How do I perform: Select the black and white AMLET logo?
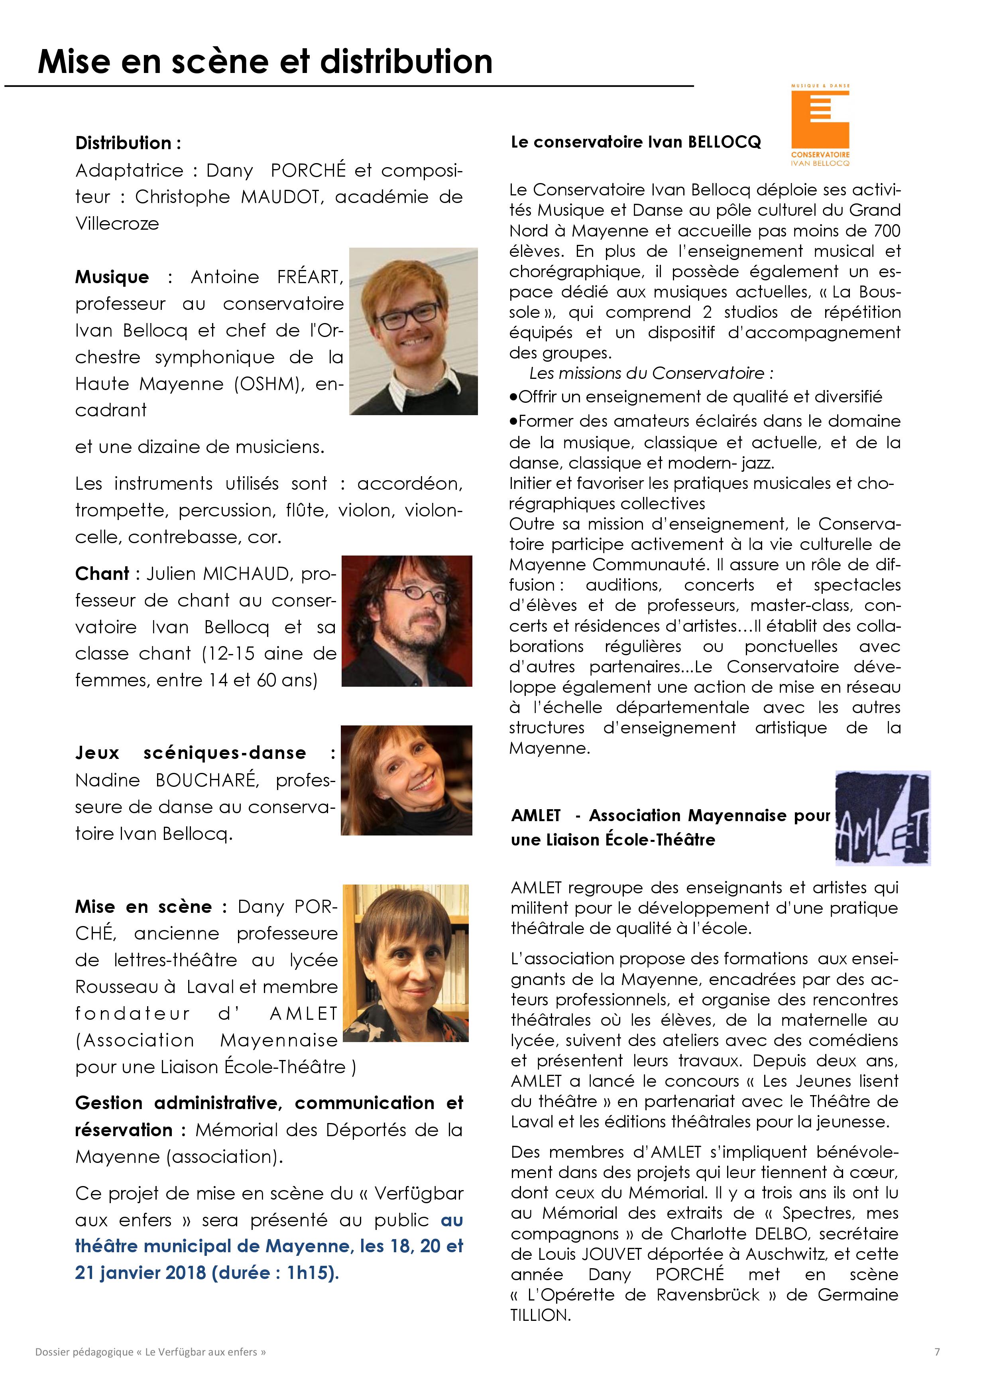pos(883,818)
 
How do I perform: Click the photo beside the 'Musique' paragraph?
pos(413,331)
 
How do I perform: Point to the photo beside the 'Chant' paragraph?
pos(407,621)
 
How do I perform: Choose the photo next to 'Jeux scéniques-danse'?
pos(406,780)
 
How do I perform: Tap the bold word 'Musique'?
pos(112,277)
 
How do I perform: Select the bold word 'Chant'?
pos(102,574)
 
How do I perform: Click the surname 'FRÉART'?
pos(310,277)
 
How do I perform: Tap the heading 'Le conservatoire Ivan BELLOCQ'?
pos(636,142)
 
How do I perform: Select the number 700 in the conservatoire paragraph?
pos(886,231)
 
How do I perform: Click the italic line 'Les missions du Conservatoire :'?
pos(651,373)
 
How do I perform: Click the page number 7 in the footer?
pos(937,1352)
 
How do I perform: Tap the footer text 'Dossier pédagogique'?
pos(84,1352)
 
